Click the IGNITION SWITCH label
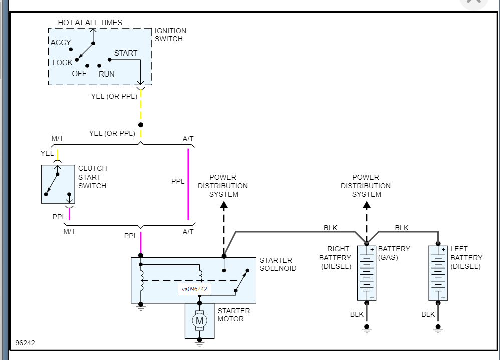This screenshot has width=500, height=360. click(x=170, y=35)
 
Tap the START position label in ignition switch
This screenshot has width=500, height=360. click(x=125, y=53)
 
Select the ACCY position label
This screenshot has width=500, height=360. click(x=61, y=43)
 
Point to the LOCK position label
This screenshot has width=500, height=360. click(x=62, y=63)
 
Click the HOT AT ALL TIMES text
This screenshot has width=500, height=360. click(x=90, y=23)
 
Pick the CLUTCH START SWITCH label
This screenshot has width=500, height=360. click(x=92, y=177)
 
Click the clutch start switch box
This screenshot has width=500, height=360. click(x=58, y=184)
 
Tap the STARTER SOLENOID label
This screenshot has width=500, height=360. click(x=278, y=264)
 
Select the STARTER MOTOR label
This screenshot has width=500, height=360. click(x=233, y=315)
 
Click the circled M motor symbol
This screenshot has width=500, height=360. click(x=199, y=320)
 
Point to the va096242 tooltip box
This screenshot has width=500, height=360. click(x=194, y=289)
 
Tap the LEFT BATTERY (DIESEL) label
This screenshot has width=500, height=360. click(x=466, y=258)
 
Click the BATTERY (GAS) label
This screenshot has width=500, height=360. click(x=394, y=253)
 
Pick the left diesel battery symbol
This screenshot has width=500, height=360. click(x=438, y=273)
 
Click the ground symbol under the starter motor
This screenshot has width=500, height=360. click(x=200, y=343)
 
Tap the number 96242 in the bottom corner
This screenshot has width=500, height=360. click(x=25, y=343)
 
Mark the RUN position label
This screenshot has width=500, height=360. click(x=106, y=74)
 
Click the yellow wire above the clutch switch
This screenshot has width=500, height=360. click(x=58, y=154)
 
